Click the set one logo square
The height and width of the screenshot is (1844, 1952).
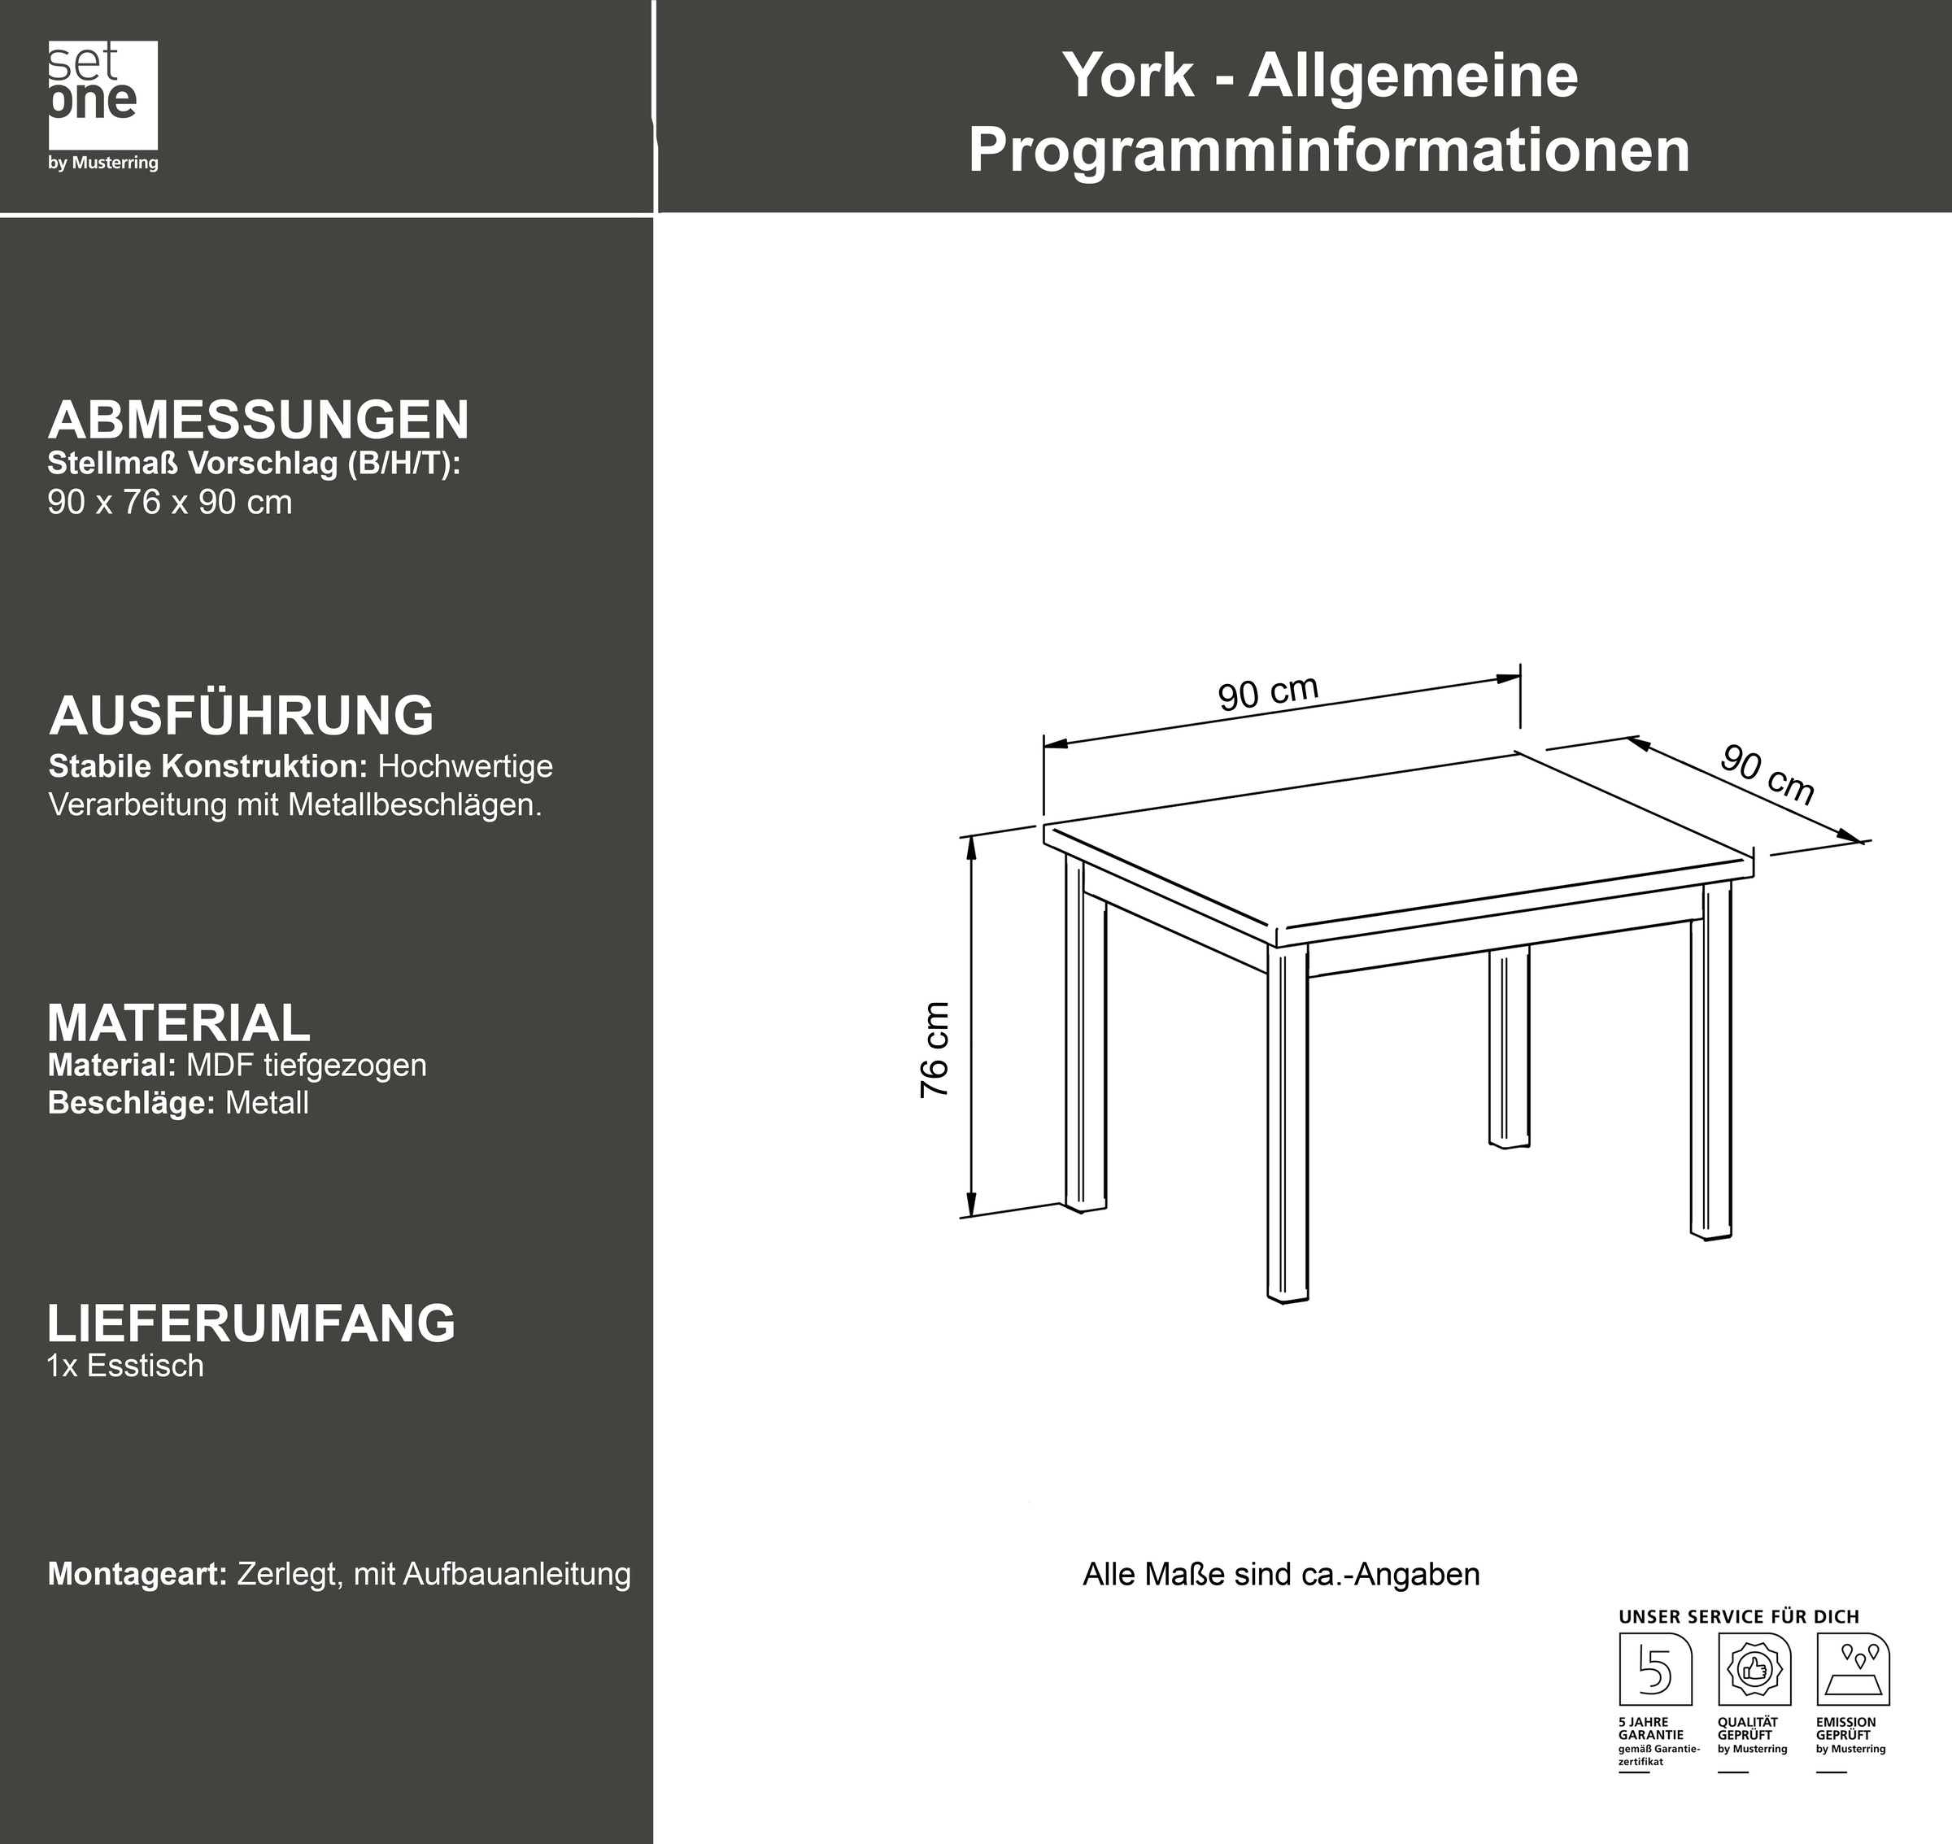click(102, 94)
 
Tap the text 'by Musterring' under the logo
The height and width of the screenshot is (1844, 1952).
click(102, 163)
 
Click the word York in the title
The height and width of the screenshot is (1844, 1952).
click(1127, 76)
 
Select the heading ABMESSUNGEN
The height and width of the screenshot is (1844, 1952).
click(259, 420)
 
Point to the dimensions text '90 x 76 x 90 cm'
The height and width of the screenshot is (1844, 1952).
click(169, 503)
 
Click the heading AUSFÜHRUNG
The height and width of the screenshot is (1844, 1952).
click(242, 716)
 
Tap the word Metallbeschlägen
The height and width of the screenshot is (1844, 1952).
click(415, 805)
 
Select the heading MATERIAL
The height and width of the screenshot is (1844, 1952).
click(179, 1023)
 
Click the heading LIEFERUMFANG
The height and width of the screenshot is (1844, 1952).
click(251, 1323)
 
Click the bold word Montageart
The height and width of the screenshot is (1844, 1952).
click(137, 1574)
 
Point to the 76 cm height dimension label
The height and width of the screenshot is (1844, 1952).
click(935, 1050)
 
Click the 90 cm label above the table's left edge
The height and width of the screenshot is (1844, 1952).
click(1268, 692)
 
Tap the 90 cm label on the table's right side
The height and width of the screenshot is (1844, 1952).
click(1767, 774)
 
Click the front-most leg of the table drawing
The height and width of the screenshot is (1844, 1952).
click(1288, 1121)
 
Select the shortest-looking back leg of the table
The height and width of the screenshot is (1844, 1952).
click(1509, 1046)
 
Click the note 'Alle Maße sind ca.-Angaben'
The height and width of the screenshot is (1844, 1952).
click(1281, 1574)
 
